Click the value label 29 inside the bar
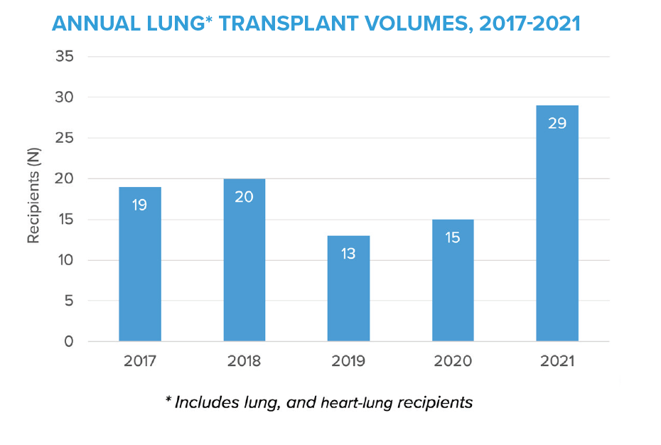pyautogui.click(x=557, y=123)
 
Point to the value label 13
pyautogui.click(x=348, y=254)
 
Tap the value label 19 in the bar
pyautogui.click(x=139, y=205)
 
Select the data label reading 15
pyautogui.click(x=453, y=237)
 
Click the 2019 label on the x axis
pyautogui.click(x=348, y=361)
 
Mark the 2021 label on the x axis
pyautogui.click(x=557, y=361)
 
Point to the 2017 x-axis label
pyautogui.click(x=139, y=361)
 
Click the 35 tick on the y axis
pyautogui.click(x=64, y=56)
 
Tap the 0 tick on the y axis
pyautogui.click(x=69, y=342)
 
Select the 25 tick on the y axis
pyautogui.click(x=64, y=138)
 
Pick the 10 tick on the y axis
pyautogui.click(x=65, y=260)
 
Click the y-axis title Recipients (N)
pyautogui.click(x=33, y=200)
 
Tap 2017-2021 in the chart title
pyautogui.click(x=530, y=23)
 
